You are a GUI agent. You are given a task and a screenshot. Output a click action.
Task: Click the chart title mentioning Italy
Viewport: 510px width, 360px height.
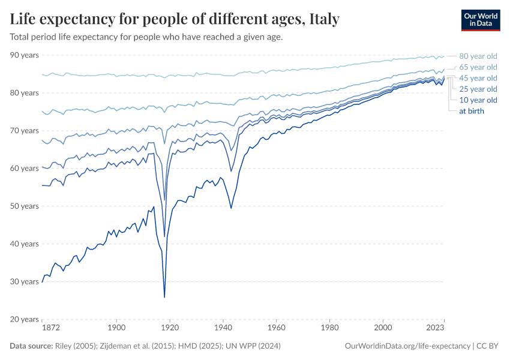coord(175,19)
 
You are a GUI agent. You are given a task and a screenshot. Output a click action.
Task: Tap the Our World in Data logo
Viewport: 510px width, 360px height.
coord(481,20)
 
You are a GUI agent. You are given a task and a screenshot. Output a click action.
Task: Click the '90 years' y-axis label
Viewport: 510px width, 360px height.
coord(24,55)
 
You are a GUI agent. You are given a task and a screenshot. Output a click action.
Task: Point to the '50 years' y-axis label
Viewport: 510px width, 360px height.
coord(24,206)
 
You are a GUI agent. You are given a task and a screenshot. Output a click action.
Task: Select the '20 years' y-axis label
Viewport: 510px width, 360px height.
coord(24,319)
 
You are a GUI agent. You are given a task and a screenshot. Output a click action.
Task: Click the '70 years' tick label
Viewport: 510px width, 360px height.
coord(24,131)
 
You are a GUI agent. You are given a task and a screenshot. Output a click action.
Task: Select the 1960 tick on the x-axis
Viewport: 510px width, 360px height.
coord(277,329)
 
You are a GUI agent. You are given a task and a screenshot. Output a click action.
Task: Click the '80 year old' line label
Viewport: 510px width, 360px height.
coord(478,56)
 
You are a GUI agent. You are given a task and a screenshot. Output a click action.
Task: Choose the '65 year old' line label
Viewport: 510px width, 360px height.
coord(478,67)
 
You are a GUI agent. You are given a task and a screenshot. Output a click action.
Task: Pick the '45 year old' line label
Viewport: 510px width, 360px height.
coord(478,78)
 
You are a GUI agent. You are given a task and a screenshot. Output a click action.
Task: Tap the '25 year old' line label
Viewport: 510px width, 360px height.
coord(478,89)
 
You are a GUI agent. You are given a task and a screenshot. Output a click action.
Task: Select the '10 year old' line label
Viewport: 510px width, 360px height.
coord(478,100)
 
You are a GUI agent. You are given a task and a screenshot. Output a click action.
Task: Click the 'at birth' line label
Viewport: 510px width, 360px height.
coord(472,111)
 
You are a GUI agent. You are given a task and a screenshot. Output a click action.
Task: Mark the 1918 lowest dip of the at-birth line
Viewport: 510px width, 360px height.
coord(164,297)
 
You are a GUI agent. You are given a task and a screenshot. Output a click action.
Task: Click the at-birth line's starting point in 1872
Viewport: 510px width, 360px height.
coord(42,281)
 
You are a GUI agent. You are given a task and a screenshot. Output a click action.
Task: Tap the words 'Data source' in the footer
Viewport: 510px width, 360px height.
coord(31,346)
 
